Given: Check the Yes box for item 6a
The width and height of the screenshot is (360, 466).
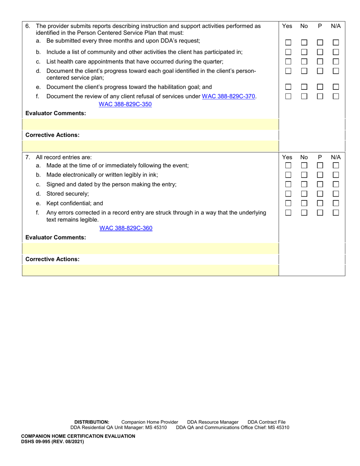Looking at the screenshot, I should click(x=288, y=43).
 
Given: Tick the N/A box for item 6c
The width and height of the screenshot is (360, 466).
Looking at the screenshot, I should click(x=335, y=61).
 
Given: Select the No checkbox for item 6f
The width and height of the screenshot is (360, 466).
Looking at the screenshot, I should click(x=304, y=97).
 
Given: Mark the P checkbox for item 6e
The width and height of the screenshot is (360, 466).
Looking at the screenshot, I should click(x=320, y=87).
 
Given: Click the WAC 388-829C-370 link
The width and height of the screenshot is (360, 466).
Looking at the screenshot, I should click(x=229, y=97).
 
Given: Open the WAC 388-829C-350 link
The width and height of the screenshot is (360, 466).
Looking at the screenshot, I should click(x=125, y=104).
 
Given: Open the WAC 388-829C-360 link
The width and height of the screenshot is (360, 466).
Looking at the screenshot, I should click(x=126, y=228).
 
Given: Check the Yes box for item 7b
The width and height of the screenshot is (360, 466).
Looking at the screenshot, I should click(x=288, y=175).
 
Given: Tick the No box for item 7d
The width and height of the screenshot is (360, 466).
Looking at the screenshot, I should click(x=304, y=194).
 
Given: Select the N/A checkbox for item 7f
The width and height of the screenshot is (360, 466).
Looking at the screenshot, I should click(x=335, y=213).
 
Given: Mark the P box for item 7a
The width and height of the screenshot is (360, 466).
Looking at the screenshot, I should click(x=320, y=166).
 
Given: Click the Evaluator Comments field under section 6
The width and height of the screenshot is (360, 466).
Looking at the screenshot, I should click(x=150, y=124).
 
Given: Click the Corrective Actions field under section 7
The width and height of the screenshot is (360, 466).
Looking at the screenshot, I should click(x=150, y=270).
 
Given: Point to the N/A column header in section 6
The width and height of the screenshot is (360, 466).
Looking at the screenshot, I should click(x=335, y=26).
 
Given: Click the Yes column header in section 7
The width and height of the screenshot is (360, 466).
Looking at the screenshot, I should click(x=288, y=157).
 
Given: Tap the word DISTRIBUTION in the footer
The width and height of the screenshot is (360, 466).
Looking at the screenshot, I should click(x=92, y=422).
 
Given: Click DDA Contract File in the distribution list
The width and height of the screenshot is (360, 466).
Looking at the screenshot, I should click(x=266, y=422).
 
